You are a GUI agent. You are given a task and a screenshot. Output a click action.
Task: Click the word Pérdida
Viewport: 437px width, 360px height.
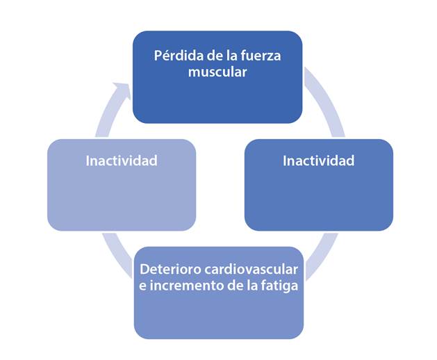coord(173,55)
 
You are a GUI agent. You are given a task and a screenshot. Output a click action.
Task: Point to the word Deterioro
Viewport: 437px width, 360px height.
coord(169,270)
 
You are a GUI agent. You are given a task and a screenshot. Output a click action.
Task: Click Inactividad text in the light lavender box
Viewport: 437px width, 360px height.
coord(122,161)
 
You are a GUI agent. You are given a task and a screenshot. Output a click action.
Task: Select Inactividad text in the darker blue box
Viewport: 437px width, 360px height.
coord(318,161)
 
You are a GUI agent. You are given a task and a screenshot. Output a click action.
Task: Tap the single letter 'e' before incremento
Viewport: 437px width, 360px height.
coord(144,287)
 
